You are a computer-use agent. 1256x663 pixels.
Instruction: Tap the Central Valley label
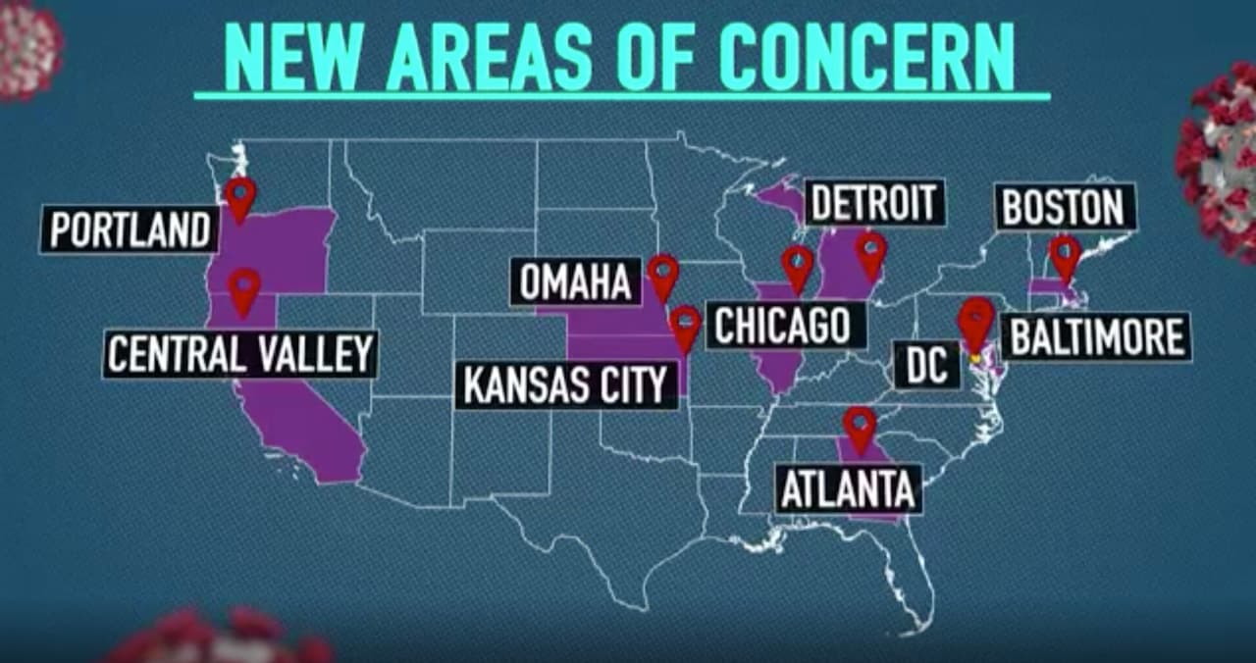click(x=240, y=354)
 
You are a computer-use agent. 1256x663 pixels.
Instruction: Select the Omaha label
click(x=575, y=282)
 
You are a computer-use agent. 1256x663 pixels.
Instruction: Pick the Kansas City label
click(x=565, y=385)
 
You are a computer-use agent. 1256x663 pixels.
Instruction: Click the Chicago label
click(x=782, y=326)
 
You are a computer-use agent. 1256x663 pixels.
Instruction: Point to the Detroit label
click(x=874, y=204)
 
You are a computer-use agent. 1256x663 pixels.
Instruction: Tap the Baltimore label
click(x=1096, y=337)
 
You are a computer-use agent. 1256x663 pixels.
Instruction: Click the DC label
click(x=926, y=365)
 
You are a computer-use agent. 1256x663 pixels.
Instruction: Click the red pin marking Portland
click(x=240, y=197)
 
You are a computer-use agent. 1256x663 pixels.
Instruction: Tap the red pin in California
click(x=244, y=289)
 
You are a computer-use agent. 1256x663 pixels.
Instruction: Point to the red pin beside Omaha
click(x=663, y=276)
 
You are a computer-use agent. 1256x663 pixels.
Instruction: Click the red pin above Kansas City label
click(x=685, y=327)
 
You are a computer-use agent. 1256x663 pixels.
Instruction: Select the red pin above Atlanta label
click(x=861, y=428)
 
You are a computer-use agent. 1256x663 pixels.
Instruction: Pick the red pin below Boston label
click(x=1066, y=257)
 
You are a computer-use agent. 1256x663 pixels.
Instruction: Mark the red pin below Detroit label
click(x=870, y=253)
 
